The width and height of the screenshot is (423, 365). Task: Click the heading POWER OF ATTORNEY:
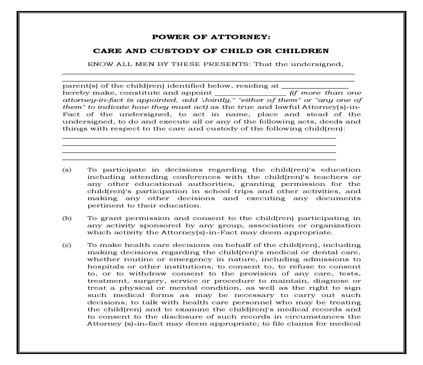tap(211, 37)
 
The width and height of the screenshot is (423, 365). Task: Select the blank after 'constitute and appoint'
tap(250, 93)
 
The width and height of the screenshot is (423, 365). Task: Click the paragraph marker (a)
tap(67, 170)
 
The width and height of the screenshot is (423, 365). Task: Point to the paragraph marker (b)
tap(67, 218)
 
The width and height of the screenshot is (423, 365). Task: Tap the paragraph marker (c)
tap(67, 245)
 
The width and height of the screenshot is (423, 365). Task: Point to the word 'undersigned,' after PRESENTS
tap(317, 64)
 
